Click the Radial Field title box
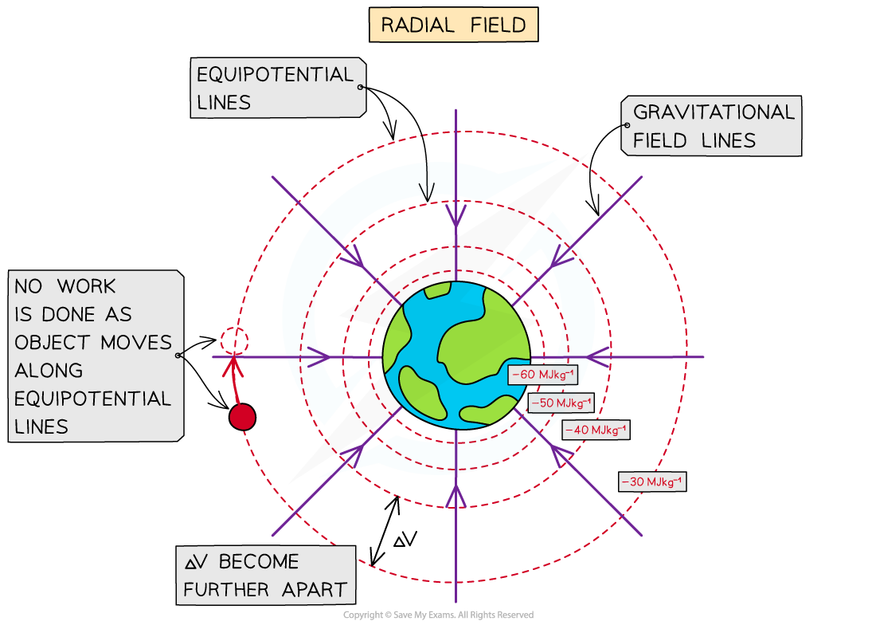[x=453, y=25]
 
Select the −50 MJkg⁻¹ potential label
[x=561, y=403]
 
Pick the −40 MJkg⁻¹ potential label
[x=595, y=430]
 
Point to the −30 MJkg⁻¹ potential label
[x=651, y=482]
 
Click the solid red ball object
[x=242, y=417]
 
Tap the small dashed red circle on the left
[x=235, y=341]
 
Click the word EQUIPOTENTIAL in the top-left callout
[x=275, y=75]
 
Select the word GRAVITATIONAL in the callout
[x=714, y=112]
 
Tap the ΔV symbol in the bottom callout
[x=196, y=562]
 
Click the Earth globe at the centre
[x=456, y=356]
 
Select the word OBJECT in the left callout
[x=53, y=343]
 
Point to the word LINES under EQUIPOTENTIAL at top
[x=224, y=103]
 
